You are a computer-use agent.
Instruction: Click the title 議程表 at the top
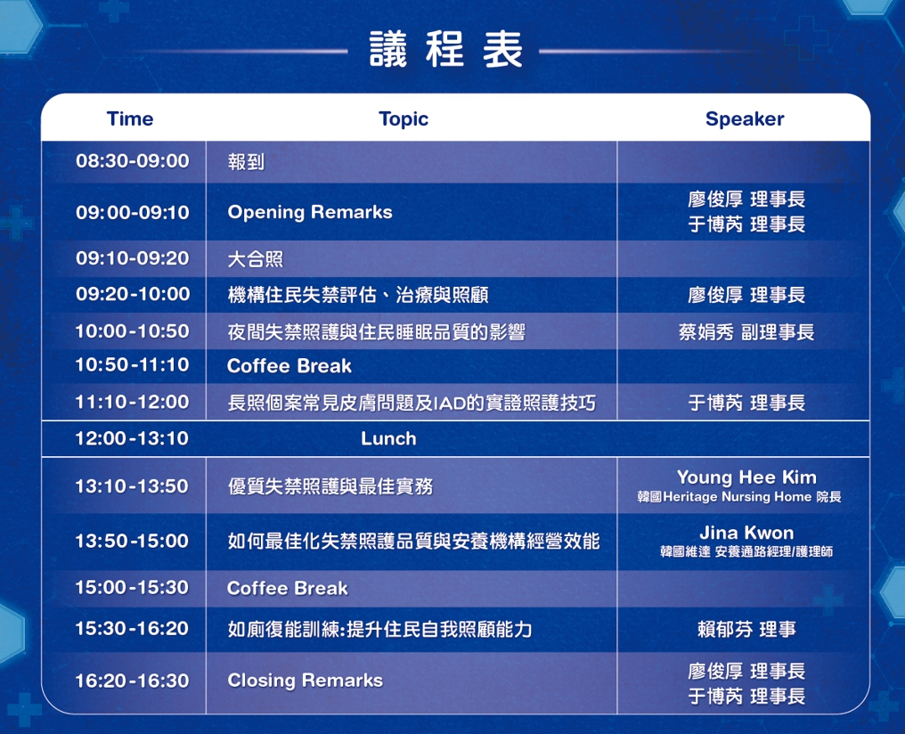point(445,50)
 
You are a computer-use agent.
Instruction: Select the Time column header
point(130,118)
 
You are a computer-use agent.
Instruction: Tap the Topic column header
point(404,119)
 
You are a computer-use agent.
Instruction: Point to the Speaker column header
point(745,119)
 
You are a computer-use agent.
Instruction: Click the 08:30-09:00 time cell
point(132,160)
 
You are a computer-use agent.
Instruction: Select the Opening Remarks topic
point(310,212)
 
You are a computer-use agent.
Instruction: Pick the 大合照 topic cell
point(255,259)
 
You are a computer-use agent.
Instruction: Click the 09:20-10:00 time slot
point(132,294)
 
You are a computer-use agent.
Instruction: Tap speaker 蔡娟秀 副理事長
point(746,331)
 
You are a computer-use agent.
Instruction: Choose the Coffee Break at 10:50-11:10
point(289,366)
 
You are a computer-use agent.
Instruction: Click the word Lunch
point(388,438)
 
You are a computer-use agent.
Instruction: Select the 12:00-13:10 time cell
point(132,438)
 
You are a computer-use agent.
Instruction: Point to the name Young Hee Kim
point(746,477)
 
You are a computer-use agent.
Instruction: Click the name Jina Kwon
point(746,533)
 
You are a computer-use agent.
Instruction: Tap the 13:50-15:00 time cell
point(132,542)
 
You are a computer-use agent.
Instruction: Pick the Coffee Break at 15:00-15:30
point(288,588)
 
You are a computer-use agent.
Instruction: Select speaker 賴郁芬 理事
point(746,629)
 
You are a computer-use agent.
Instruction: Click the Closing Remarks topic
point(306,681)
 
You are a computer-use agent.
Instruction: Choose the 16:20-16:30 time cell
point(132,681)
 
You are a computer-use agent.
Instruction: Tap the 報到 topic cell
point(246,161)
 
